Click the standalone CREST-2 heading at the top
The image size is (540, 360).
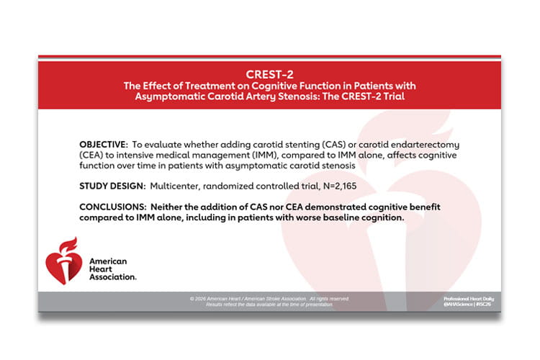pos(269,73)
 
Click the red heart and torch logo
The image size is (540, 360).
pos(63,260)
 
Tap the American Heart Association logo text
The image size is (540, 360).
pos(112,268)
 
